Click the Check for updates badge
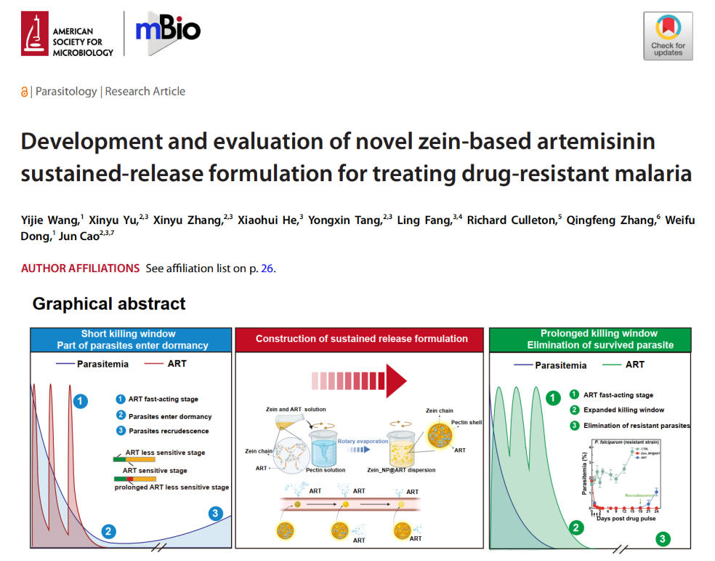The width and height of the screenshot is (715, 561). [668, 36]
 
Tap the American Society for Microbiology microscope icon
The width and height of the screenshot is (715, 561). [33, 33]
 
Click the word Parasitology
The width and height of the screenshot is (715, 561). [66, 92]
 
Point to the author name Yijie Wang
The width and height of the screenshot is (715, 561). [49, 220]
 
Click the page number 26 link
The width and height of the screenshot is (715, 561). [267, 268]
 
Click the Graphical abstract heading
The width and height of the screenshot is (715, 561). [109, 304]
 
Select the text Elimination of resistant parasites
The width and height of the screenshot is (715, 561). [637, 425]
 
